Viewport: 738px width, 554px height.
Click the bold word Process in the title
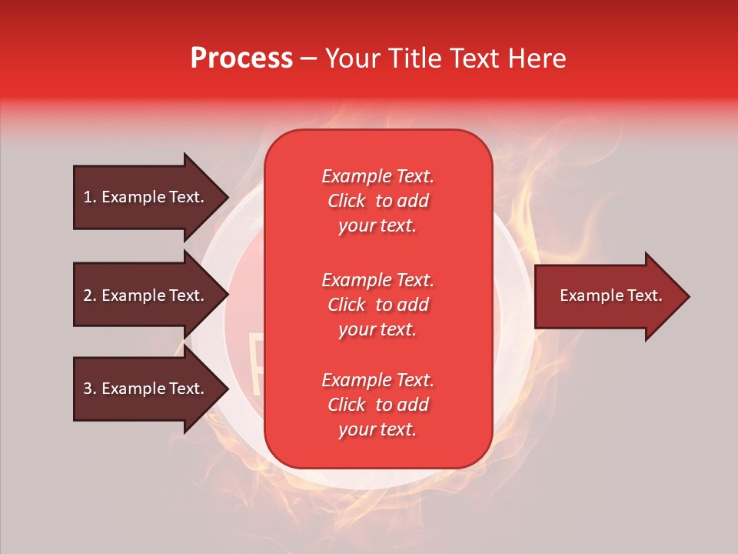pos(241,58)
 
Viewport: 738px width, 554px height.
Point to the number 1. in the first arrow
pos(90,198)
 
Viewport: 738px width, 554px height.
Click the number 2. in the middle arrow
pos(90,296)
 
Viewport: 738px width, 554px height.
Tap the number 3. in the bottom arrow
pos(90,389)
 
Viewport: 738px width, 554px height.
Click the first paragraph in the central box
pos(377,201)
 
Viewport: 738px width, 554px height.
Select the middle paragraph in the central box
pos(377,305)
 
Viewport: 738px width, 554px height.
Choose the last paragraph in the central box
pos(377,405)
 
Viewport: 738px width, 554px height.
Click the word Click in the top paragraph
pos(347,201)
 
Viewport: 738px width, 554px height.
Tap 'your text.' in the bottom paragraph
pos(377,430)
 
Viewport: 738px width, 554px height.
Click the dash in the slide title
pos(309,59)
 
